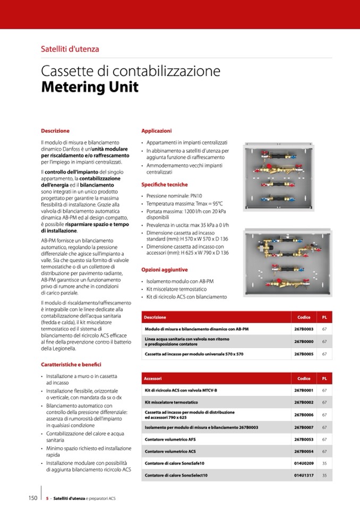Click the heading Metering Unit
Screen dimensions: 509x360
[90, 87]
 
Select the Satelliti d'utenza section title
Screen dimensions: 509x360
[70, 49]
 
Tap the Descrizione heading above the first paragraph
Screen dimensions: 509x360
[55, 131]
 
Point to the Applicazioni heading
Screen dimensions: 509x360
[156, 131]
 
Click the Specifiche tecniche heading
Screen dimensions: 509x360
[164, 185]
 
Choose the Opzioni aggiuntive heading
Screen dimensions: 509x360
[164, 270]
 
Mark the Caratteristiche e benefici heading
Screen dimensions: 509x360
[71, 365]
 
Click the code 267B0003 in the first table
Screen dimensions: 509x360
[304, 329]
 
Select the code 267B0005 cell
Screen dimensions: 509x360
[304, 353]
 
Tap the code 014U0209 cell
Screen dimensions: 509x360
[304, 463]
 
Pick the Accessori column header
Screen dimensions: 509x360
[153, 378]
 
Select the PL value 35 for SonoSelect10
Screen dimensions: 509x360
[324, 475]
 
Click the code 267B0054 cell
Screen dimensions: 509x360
[304, 452]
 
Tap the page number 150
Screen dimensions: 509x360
[32, 498]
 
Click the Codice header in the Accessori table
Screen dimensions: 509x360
[304, 378]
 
